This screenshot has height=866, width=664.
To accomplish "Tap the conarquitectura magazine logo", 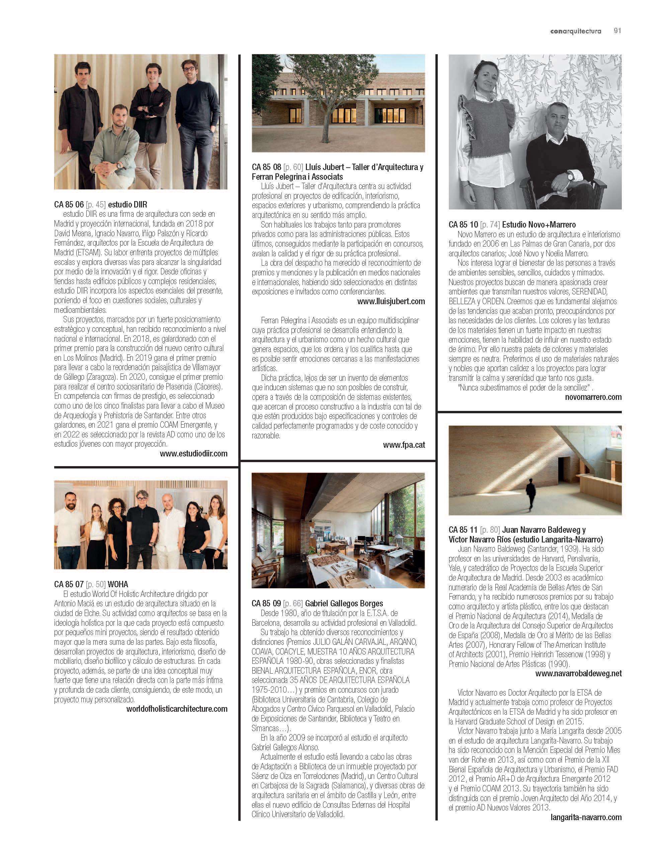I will (575, 31).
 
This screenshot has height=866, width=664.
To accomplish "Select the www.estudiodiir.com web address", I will (193, 453).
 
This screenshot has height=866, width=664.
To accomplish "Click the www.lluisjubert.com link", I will (391, 301).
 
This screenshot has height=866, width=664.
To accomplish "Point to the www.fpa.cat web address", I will (404, 445).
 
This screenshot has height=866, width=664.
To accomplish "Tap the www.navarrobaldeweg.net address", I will (578, 674).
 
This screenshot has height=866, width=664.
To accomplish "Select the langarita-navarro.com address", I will (586, 817).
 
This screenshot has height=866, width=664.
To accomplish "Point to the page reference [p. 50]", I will (96, 584).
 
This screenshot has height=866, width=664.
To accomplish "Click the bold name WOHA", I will (118, 584).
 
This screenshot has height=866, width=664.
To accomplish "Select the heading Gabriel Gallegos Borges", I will (344, 603).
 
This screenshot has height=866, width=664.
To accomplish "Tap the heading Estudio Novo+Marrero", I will (539, 225).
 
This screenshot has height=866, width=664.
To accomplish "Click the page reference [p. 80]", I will (490, 530).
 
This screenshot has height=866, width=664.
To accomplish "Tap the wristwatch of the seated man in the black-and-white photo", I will (570, 174).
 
